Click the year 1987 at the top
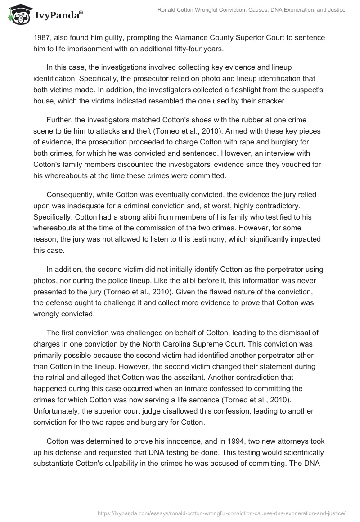coord(41,38)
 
